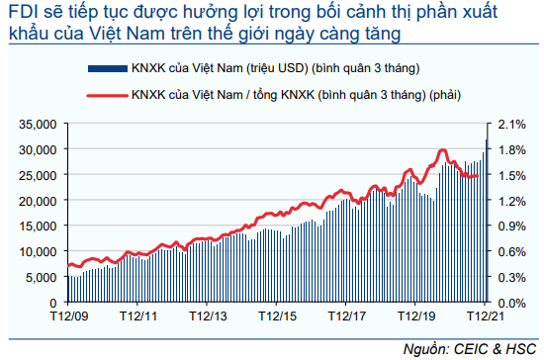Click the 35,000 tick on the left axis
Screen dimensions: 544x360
coord(38,125)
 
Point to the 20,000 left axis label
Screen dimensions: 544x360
coord(38,201)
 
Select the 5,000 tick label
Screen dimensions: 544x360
coord(41,278)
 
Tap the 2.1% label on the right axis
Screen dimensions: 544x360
coord(511,125)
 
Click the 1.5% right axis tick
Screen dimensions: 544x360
coord(511,175)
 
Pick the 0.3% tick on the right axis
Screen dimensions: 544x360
coord(511,278)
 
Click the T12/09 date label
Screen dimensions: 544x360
coord(69,315)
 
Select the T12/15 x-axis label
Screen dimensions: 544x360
coord(277,315)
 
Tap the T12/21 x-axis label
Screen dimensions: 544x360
coord(486,315)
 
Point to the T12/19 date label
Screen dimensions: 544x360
coord(416,315)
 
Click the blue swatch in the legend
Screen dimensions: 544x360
coord(108,68)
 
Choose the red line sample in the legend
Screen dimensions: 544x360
coord(108,95)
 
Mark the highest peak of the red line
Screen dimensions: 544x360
coord(442,150)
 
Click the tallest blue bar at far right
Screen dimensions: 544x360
coord(487,221)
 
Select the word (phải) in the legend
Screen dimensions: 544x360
coord(445,95)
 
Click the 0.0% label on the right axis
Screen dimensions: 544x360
coord(511,303)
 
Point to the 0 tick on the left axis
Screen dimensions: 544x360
coord(52,303)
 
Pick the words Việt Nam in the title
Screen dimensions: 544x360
coord(127,34)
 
